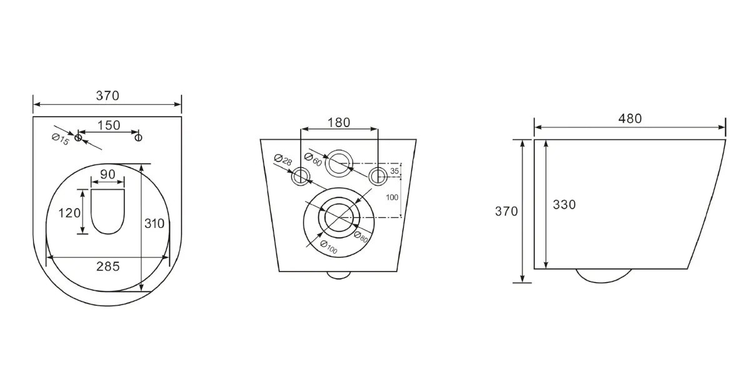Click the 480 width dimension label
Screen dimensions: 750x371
pos(630,119)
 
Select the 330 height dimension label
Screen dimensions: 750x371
pos(564,205)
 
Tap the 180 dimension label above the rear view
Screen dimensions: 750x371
pos(339,123)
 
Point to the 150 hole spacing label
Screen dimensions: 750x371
pos(109,126)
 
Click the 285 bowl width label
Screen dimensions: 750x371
pos(107,267)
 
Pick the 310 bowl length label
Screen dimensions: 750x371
pos(154,224)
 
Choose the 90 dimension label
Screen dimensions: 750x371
pos(107,175)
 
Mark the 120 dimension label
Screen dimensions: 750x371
pos(69,213)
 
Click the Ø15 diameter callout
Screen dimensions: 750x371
pos(60,140)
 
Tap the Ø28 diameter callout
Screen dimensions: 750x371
pos(283,161)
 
